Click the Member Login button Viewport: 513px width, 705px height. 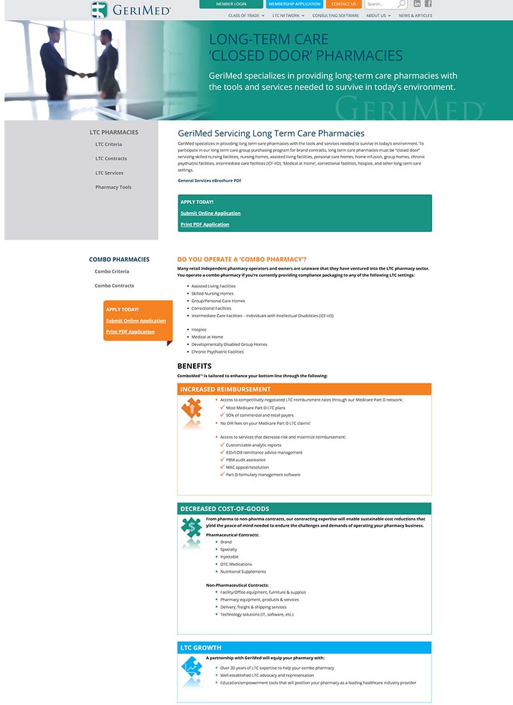click(x=231, y=4)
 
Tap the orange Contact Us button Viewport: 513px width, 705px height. click(x=344, y=4)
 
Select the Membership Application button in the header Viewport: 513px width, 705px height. click(x=294, y=4)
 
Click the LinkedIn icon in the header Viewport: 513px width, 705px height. click(x=417, y=4)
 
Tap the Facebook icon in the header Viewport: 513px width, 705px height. click(x=428, y=4)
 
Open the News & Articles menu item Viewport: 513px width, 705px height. click(x=416, y=15)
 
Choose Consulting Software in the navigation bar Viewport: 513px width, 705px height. click(x=335, y=15)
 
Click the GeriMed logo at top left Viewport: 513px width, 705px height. click(x=130, y=10)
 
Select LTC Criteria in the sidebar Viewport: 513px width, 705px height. click(x=108, y=144)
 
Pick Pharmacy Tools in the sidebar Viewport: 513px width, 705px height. click(x=114, y=187)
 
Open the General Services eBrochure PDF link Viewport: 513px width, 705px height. click(x=210, y=181)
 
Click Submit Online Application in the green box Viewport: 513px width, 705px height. click(x=210, y=213)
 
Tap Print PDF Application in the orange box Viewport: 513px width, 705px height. click(x=130, y=332)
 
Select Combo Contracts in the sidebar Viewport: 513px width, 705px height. click(x=114, y=286)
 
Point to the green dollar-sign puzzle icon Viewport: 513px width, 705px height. click(x=192, y=527)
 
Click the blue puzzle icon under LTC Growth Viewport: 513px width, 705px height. click(x=192, y=667)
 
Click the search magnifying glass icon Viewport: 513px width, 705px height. click(x=402, y=4)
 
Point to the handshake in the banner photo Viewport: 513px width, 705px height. click(x=81, y=74)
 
